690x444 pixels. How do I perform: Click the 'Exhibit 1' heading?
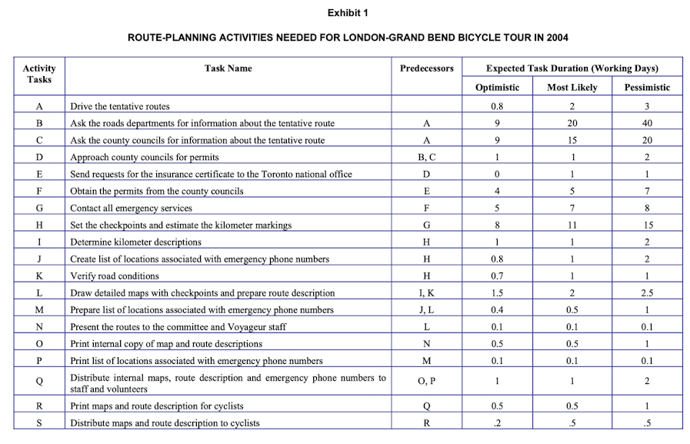tap(347, 13)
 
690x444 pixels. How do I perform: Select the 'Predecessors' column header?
tap(426, 68)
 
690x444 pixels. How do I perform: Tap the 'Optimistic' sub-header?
tap(497, 88)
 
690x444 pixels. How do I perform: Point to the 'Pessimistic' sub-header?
tap(646, 88)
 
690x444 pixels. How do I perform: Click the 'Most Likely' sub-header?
tap(572, 88)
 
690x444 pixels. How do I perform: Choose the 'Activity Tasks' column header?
tap(39, 74)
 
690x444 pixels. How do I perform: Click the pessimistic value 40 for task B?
tap(647, 123)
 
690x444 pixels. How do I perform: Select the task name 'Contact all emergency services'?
tap(131, 208)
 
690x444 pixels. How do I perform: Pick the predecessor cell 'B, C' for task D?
tap(426, 157)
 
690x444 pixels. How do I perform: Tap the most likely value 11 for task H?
tap(572, 225)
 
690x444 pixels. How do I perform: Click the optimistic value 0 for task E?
tap(497, 174)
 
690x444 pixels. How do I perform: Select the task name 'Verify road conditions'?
tap(115, 275)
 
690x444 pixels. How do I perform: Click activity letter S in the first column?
tap(38, 422)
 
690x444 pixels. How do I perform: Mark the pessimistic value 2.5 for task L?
tap(647, 292)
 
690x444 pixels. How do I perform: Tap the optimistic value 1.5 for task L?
tap(497, 292)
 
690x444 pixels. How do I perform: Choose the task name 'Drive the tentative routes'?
tap(119, 106)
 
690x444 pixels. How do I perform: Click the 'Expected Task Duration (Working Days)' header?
tap(572, 68)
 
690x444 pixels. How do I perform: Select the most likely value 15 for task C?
tap(572, 140)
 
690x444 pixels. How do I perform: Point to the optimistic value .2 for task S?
tap(497, 422)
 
